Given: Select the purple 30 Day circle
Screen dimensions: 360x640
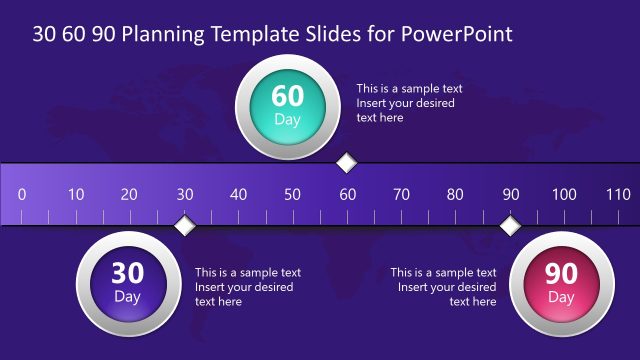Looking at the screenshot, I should coord(127,283).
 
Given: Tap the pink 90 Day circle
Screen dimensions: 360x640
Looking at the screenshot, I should coord(561,283).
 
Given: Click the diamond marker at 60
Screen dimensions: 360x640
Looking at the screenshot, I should coord(347,163).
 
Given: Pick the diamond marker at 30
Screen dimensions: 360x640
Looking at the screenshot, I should coord(184,226).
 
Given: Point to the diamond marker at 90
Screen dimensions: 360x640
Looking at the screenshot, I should coord(510,226).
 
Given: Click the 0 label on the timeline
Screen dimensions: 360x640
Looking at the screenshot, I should coord(22,194).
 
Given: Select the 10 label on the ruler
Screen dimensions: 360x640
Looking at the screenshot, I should coord(76,194).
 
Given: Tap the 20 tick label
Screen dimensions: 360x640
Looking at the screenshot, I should coord(130,194).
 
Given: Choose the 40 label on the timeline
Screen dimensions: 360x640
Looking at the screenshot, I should coord(238,194).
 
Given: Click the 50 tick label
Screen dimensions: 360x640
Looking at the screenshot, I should coord(292,194).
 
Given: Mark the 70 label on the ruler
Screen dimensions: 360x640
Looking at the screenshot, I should coord(401,194).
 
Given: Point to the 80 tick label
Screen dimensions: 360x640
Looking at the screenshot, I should coord(455,194).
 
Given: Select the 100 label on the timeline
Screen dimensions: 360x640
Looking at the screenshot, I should coord(564,194).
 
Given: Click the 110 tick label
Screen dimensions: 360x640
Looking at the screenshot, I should coord(618,194).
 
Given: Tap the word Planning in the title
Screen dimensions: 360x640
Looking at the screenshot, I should coord(158,34).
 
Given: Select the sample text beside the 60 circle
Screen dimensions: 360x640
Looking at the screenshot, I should coord(409,103).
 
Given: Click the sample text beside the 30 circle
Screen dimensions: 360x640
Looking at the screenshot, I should coord(248,287).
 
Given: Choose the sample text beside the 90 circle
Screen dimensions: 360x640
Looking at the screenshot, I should coord(444,287).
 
